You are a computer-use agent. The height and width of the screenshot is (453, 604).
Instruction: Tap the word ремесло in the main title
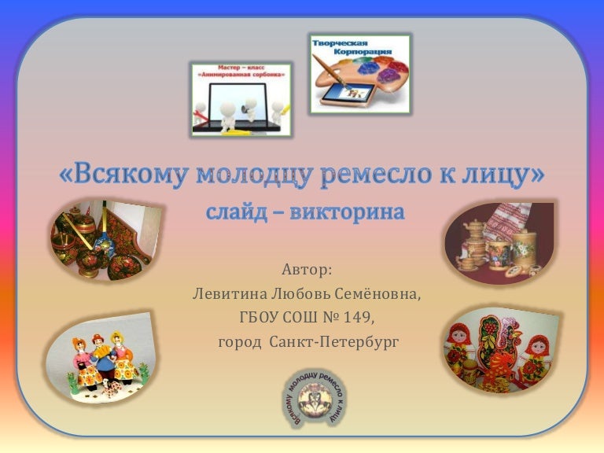pyautogui.click(x=373, y=175)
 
